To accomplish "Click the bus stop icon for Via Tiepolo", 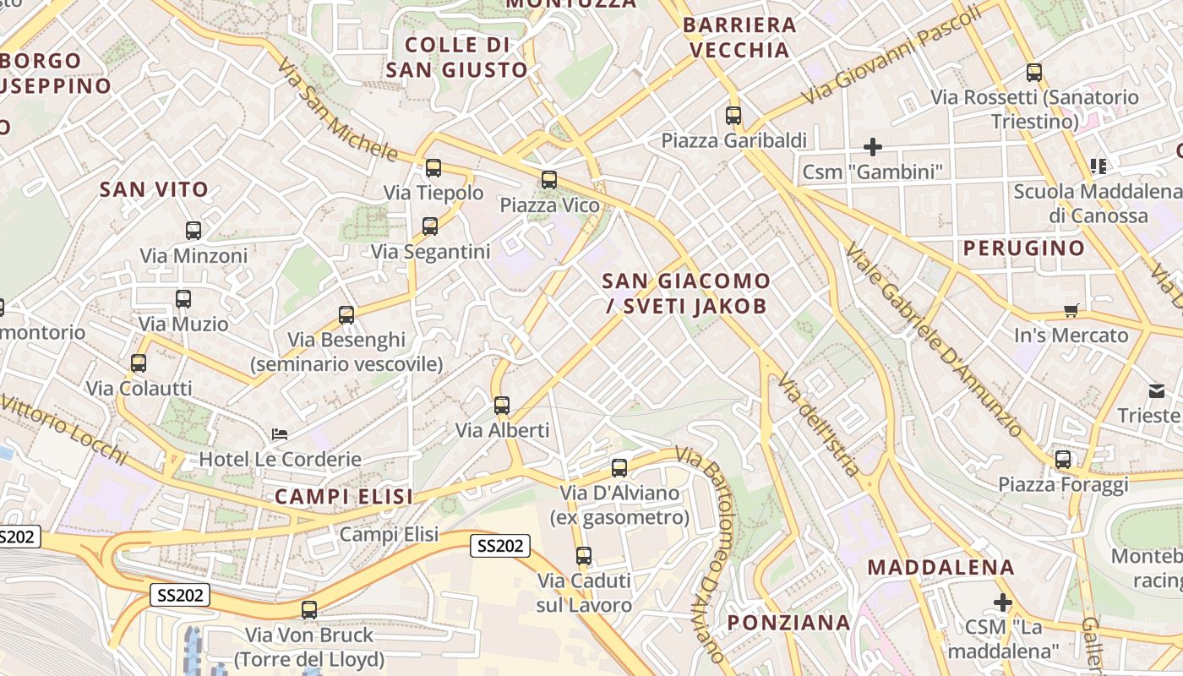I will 433,168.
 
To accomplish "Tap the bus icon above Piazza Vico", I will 549,179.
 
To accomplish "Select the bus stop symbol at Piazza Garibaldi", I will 733,116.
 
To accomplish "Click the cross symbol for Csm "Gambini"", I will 873,147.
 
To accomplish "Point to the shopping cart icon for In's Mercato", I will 1071,310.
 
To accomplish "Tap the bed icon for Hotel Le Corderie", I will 280,434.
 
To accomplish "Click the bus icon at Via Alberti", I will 502,406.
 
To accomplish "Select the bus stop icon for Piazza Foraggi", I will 1063,460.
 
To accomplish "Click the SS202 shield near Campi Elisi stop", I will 500,546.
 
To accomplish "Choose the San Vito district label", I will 154,189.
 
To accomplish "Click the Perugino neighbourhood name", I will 1023,248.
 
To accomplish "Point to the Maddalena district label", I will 940,567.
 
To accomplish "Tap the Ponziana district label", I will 789,623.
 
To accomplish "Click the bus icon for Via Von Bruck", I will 309,610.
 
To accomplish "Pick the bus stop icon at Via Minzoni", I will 194,231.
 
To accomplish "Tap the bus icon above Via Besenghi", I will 346,315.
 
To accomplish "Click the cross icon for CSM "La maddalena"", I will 1003,602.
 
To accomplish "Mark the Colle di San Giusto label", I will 457,57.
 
